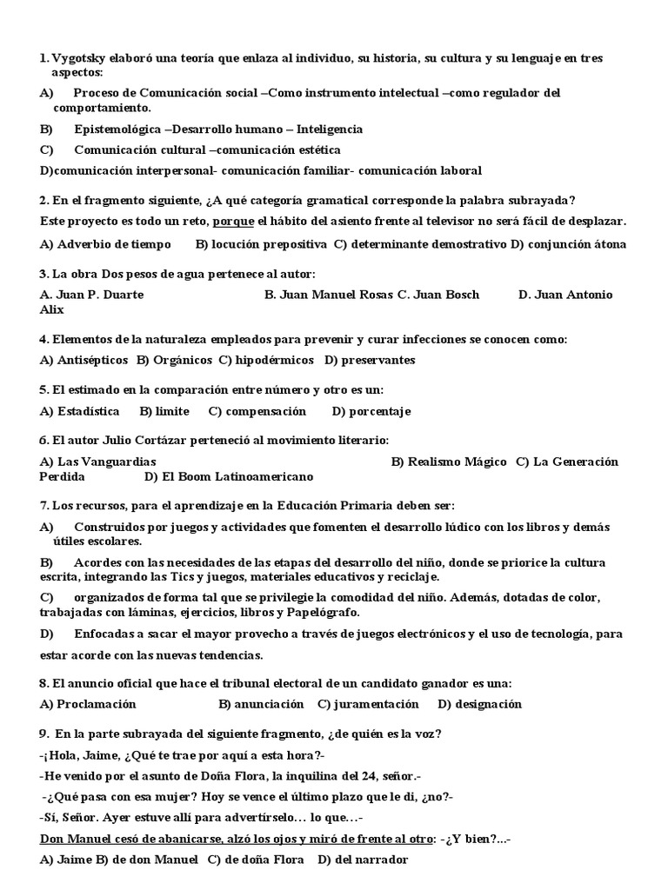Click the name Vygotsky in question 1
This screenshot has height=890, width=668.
pyautogui.click(x=80, y=58)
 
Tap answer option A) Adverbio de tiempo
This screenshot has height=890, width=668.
pyautogui.click(x=105, y=244)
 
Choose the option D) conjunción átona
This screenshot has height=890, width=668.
pyautogui.click(x=569, y=244)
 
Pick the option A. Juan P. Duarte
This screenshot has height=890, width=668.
pyautogui.click(x=91, y=295)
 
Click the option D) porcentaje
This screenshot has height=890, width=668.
pyautogui.click(x=371, y=411)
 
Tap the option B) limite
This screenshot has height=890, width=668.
pyautogui.click(x=164, y=411)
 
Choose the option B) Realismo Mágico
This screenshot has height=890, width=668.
pyautogui.click(x=449, y=462)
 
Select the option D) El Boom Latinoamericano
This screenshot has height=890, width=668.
pyautogui.click(x=229, y=476)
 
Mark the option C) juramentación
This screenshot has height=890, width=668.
pyautogui.click(x=368, y=704)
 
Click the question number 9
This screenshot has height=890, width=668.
pyautogui.click(x=43, y=734)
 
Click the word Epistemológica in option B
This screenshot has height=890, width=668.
pyautogui.click(x=117, y=129)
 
